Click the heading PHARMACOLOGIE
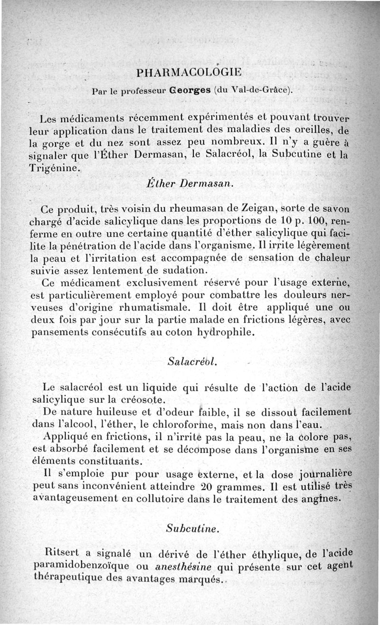click(189, 73)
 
